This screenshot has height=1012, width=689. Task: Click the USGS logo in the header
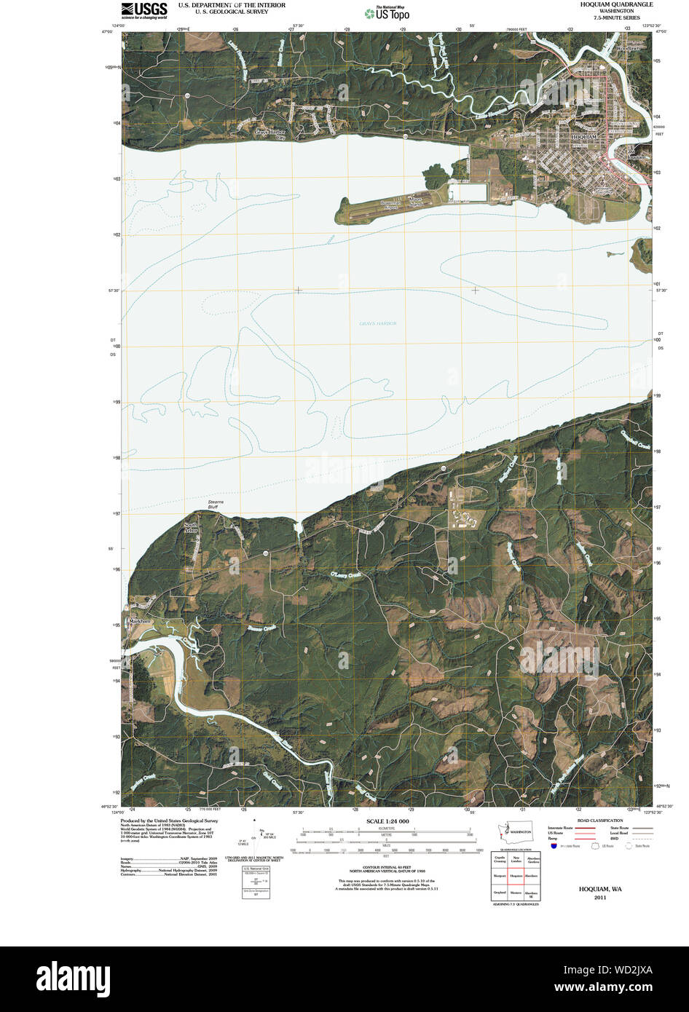coord(144,9)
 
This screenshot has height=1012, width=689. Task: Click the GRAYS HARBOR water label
coord(376,323)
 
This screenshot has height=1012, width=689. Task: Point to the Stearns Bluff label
coord(216,505)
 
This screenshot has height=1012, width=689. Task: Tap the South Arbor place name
coord(191,528)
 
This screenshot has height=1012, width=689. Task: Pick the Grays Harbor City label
coord(271,134)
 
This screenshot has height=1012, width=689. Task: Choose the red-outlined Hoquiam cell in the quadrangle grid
coord(517,876)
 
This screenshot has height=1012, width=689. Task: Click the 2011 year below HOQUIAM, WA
coord(599,898)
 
